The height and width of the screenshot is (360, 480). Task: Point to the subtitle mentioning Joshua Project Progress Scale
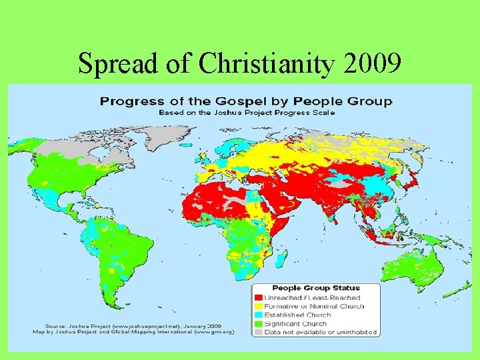click(246, 112)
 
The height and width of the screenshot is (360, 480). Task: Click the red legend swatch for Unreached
click(257, 297)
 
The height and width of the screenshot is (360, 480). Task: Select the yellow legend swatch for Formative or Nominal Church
click(257, 306)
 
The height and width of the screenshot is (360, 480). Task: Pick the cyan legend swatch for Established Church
click(257, 315)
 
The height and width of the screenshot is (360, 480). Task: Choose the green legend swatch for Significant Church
click(257, 323)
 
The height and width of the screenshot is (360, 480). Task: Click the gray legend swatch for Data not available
click(257, 332)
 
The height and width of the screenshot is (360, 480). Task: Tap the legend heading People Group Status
click(315, 288)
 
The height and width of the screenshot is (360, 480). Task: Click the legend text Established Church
click(297, 315)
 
